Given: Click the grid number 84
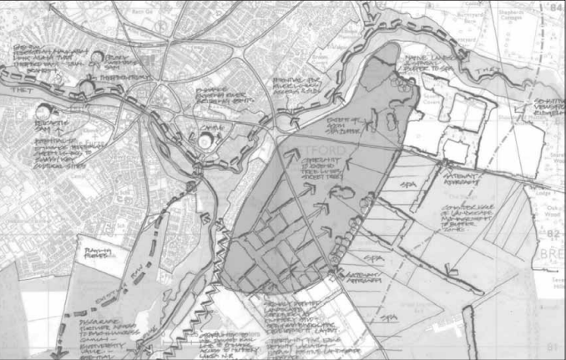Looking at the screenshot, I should (x=554, y=8).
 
